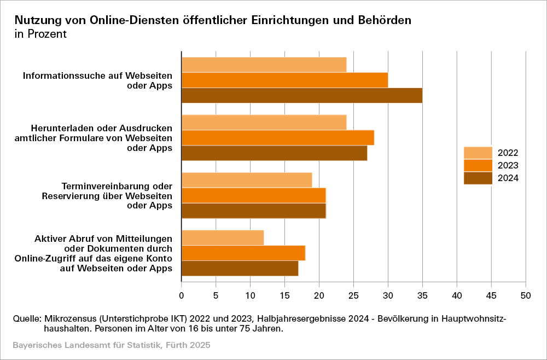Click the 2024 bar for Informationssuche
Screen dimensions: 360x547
(x=301, y=95)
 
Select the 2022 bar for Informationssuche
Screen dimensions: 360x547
(x=264, y=65)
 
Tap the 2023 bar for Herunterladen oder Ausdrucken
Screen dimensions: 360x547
(x=277, y=138)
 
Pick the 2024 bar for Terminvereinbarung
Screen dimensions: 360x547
(x=253, y=211)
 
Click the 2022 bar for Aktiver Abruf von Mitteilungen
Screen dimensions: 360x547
(x=222, y=238)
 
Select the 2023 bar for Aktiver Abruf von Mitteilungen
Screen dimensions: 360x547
(x=243, y=253)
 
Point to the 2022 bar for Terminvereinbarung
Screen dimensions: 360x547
(x=246, y=180)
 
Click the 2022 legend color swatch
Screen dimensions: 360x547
(x=478, y=153)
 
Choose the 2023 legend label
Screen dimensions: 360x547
(x=508, y=165)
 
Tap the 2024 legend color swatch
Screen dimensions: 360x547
(x=478, y=178)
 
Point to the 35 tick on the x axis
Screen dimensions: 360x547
(x=422, y=295)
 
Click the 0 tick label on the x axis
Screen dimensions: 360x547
(x=182, y=295)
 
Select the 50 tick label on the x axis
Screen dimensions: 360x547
(x=525, y=295)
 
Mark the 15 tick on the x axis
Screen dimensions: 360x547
(x=284, y=295)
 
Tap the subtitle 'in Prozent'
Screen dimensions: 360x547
(x=40, y=34)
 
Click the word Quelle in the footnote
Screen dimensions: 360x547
(x=26, y=318)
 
